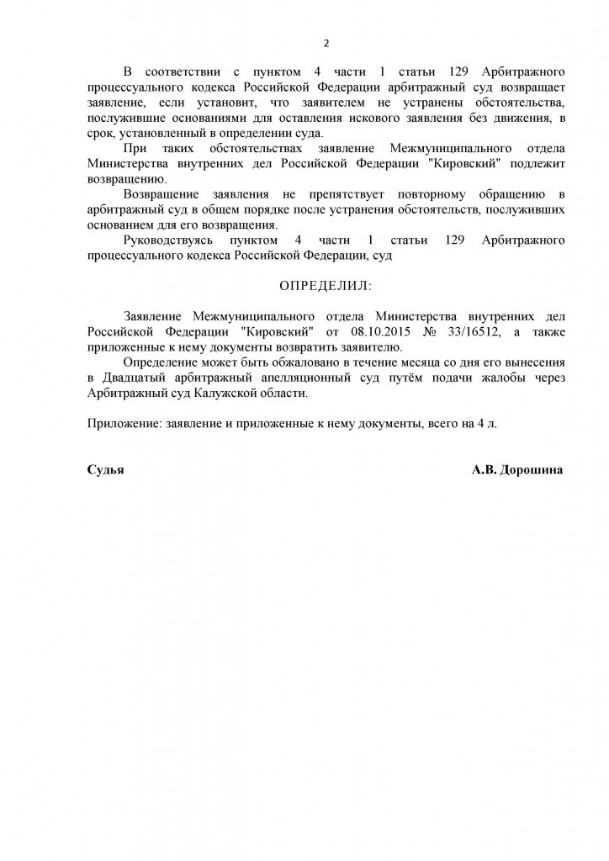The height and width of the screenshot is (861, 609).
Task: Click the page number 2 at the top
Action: [x=326, y=44]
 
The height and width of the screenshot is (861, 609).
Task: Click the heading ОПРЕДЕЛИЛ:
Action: [x=324, y=286]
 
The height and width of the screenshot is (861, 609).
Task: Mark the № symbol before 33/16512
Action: [x=430, y=332]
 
